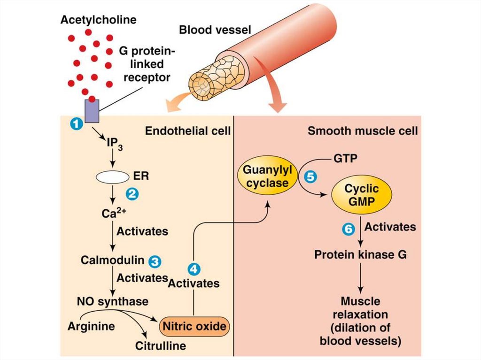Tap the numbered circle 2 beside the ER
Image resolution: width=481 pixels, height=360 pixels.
pos(132,193)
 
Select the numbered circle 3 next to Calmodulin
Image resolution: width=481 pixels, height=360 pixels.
pos(154,260)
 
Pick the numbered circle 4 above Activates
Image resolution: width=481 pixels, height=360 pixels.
pos(194,269)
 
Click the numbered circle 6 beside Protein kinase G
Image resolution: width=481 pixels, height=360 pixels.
pos(348,229)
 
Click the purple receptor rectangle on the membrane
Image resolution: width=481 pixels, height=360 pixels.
pos(92,111)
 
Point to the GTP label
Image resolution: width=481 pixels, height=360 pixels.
pos(345,159)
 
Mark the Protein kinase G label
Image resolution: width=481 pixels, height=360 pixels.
pos(360,255)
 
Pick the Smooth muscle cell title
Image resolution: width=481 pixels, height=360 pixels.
pos(362,130)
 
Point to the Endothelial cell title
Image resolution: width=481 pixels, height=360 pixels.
pos(188,130)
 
